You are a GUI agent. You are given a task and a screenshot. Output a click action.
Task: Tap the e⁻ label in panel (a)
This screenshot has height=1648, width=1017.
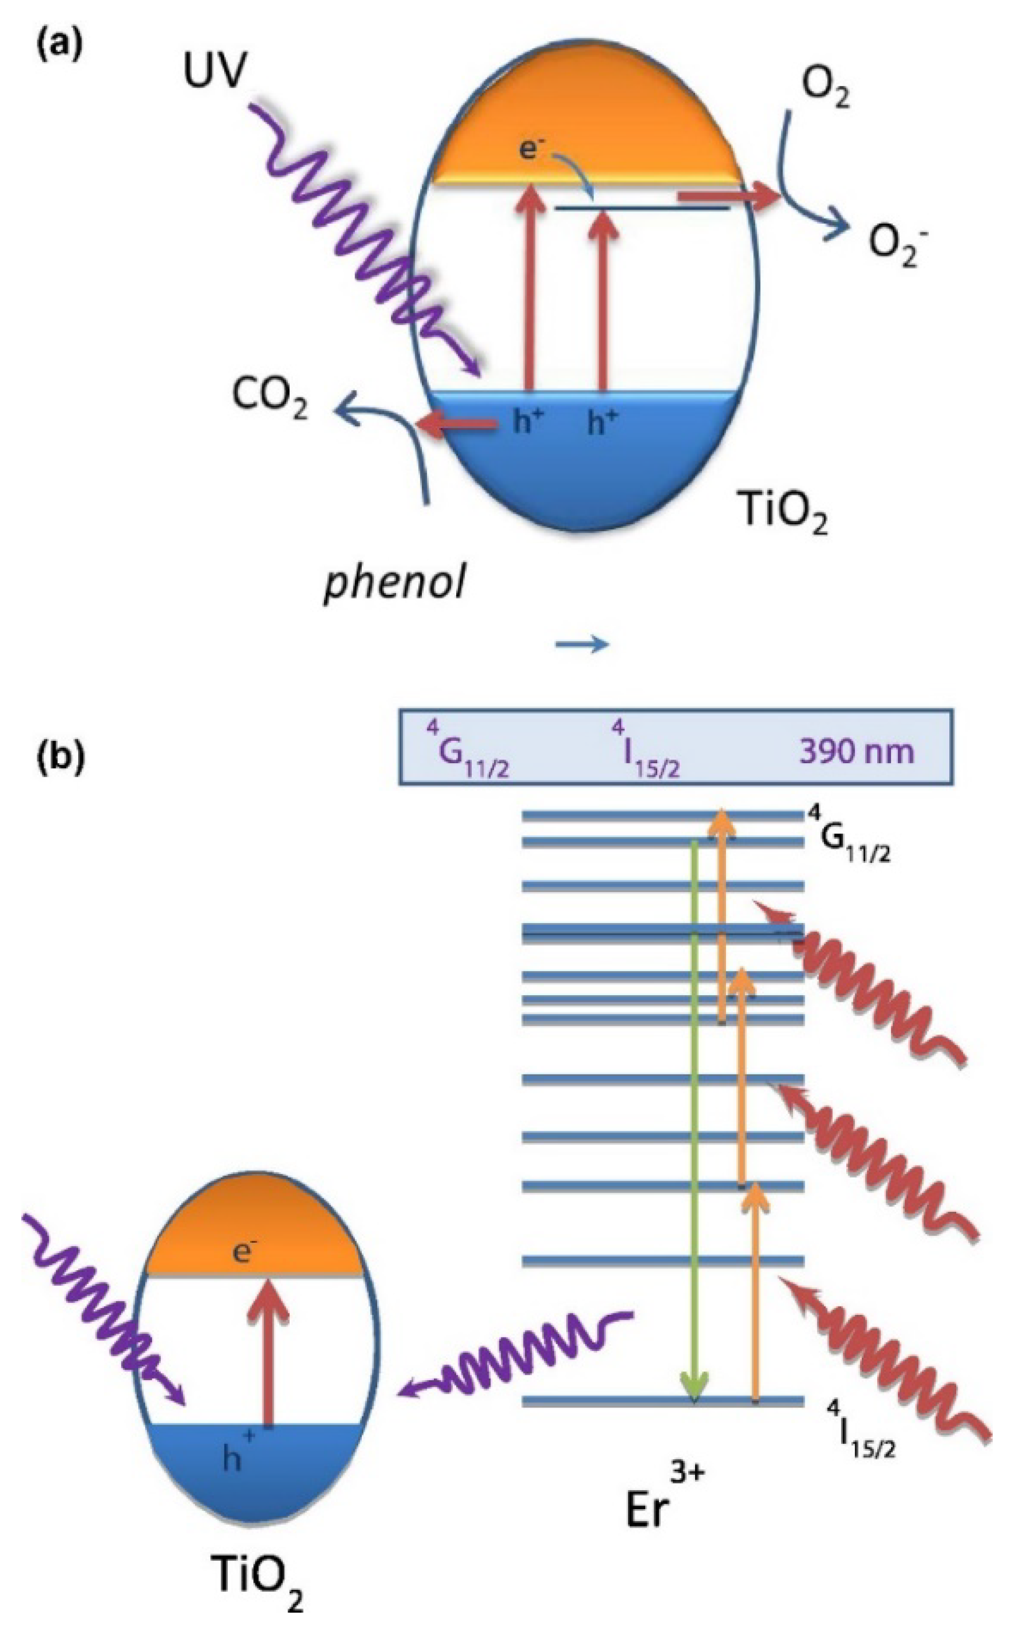point(530,149)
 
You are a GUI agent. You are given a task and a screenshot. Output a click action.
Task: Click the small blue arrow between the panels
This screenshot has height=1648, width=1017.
point(582,645)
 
